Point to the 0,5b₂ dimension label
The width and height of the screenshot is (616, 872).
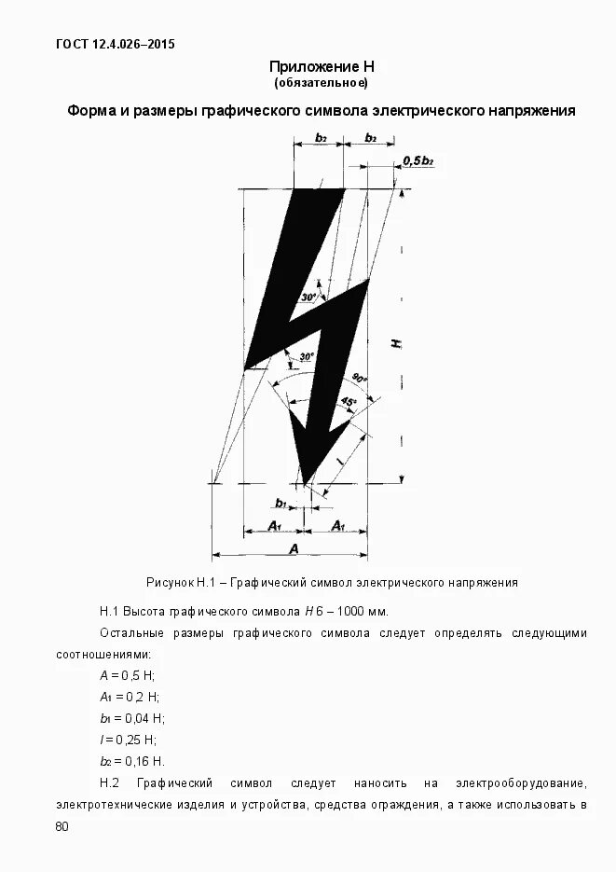(x=418, y=161)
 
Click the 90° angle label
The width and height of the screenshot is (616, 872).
(x=359, y=379)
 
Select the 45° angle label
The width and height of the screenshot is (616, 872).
(x=349, y=402)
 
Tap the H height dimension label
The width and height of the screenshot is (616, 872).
(x=397, y=343)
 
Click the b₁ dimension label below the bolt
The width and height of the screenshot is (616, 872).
(x=281, y=505)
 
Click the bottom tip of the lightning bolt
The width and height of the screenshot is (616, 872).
(x=304, y=484)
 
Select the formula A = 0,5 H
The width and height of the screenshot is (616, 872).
(x=127, y=674)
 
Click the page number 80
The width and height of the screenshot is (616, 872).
(x=62, y=826)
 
